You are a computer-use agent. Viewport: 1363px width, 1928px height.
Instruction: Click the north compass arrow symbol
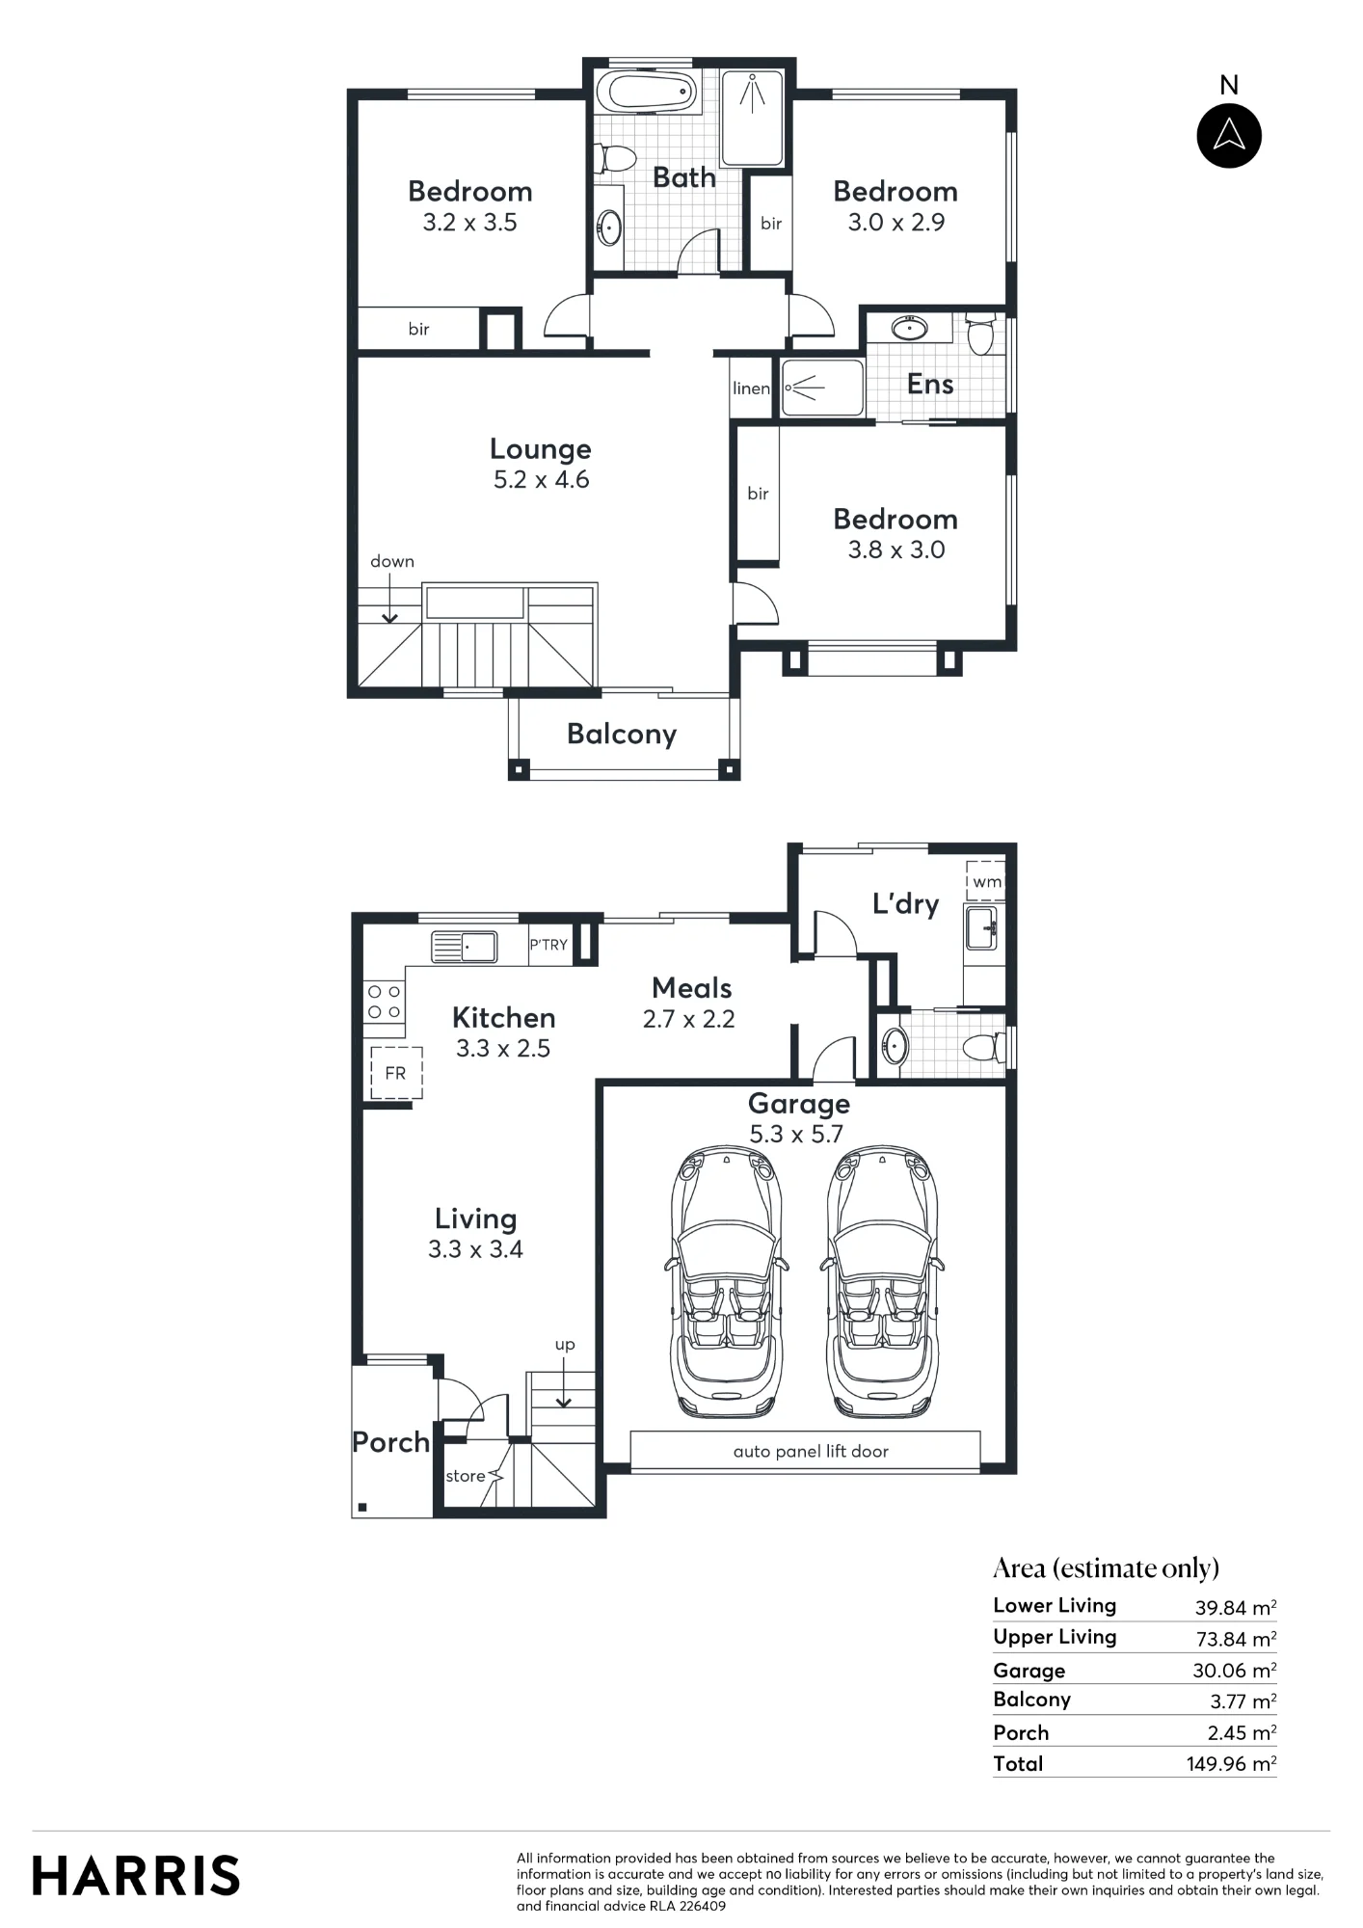1229,135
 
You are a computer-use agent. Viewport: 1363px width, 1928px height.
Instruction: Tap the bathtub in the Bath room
646,93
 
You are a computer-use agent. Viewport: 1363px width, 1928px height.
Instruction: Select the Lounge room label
541,449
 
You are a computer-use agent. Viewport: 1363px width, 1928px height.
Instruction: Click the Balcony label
622,735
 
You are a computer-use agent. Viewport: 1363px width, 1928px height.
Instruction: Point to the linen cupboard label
751,388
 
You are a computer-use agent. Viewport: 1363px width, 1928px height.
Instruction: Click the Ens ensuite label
930,385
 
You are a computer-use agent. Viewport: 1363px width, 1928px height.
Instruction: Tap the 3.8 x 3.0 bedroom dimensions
896,550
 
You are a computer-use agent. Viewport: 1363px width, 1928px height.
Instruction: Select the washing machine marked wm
985,881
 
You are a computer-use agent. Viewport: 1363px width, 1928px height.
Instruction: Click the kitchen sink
464,947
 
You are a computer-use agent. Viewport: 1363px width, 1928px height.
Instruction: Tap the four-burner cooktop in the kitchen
384,1002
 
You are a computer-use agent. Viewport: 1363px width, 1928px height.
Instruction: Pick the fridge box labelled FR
396,1073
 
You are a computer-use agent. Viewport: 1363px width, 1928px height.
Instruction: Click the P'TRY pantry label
548,946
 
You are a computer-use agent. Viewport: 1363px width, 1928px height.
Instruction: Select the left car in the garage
725,1282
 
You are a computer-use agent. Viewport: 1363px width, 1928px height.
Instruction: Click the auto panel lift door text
811,1452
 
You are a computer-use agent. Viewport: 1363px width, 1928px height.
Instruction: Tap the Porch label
390,1442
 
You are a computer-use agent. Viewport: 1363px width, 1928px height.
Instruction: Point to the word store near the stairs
466,1476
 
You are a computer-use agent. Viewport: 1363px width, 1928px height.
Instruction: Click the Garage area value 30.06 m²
1235,1671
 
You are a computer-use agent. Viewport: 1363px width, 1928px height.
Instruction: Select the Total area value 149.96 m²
1232,1764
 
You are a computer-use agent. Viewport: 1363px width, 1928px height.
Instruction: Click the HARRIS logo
136,1876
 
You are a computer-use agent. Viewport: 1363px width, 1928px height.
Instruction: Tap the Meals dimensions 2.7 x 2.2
689,1020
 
